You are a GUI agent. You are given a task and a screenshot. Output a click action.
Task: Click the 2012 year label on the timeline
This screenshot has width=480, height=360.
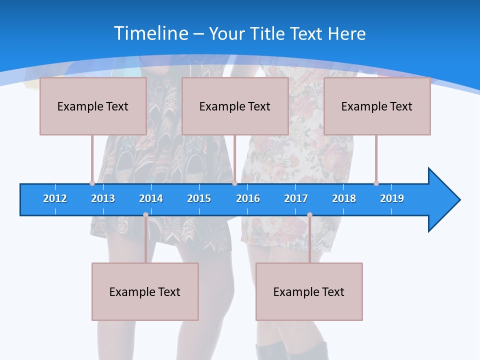click(55, 198)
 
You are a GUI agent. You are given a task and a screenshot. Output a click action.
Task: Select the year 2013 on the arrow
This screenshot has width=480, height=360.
click(103, 198)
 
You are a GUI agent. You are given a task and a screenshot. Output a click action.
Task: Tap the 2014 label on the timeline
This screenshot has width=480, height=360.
click(151, 198)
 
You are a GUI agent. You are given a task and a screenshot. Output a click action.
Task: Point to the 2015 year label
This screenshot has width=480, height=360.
click(199, 198)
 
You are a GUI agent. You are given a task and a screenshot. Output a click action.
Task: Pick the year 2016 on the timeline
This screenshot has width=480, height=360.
click(248, 198)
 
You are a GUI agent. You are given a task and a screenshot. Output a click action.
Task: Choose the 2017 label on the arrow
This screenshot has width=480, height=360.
click(296, 198)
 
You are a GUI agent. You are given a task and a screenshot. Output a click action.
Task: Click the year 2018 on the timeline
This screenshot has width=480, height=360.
click(344, 198)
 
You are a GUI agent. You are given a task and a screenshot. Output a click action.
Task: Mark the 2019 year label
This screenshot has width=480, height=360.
click(392, 198)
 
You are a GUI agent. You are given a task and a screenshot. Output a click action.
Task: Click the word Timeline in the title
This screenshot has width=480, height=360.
click(151, 33)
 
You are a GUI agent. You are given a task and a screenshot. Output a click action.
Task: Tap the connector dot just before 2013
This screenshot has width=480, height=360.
click(92, 183)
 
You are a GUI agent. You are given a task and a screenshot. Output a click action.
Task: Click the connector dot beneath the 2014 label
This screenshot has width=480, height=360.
click(145, 215)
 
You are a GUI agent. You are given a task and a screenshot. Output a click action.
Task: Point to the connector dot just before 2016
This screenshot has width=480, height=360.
click(234, 183)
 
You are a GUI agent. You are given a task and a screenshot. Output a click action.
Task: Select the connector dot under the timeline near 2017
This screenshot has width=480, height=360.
click(309, 215)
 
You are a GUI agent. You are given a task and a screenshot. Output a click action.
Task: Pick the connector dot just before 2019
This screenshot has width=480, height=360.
click(376, 183)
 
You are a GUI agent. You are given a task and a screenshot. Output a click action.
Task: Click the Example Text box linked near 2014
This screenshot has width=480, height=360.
click(145, 291)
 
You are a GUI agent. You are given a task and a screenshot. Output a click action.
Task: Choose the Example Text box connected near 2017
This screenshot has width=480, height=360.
click(309, 291)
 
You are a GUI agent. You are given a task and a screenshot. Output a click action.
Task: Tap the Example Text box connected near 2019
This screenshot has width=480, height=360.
click(377, 106)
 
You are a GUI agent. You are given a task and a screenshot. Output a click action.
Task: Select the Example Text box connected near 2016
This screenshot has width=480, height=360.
click(235, 106)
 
